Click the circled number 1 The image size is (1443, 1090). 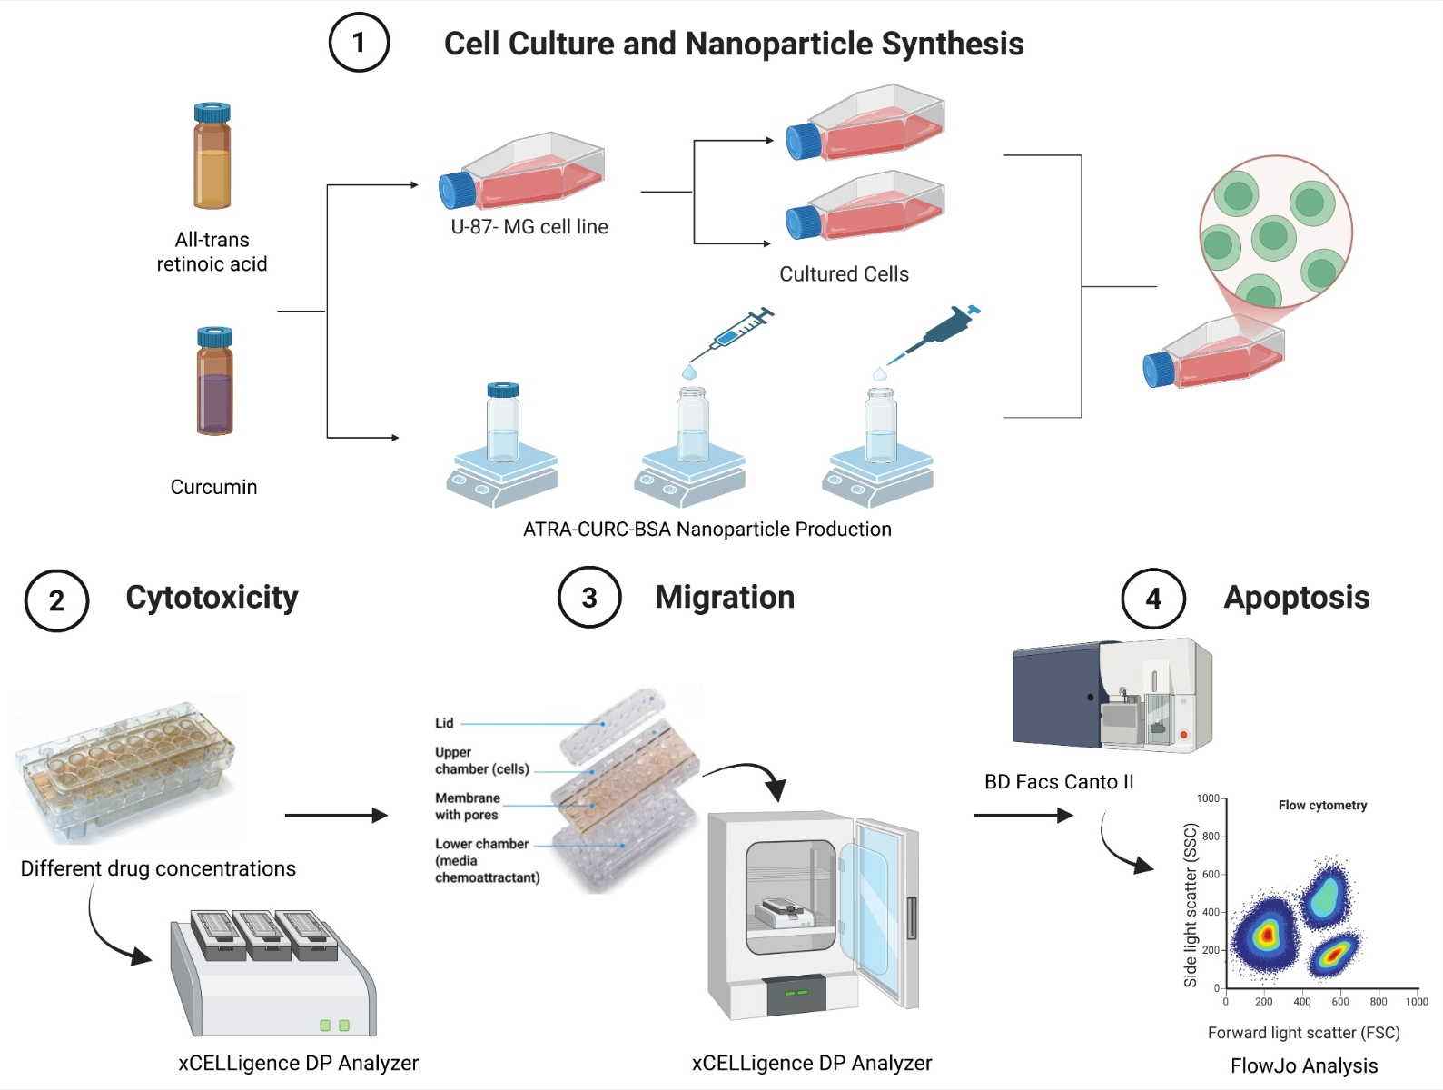pyautogui.click(x=359, y=43)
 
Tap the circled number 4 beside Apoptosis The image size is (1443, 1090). pyautogui.click(x=1153, y=599)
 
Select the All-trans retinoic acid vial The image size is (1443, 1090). pyautogui.click(x=212, y=155)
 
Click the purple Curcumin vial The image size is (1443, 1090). pyautogui.click(x=214, y=381)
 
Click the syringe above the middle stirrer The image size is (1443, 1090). pyautogui.click(x=731, y=336)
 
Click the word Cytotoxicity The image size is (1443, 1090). pyautogui.click(x=212, y=598)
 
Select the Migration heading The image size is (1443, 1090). pyautogui.click(x=725, y=598)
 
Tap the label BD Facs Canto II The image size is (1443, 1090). pyautogui.click(x=1059, y=782)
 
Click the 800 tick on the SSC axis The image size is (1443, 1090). pyautogui.click(x=1211, y=837)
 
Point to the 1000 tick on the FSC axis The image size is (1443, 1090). pyautogui.click(x=1417, y=1002)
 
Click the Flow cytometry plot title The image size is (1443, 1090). pyautogui.click(x=1323, y=806)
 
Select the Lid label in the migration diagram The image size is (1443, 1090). pyautogui.click(x=444, y=723)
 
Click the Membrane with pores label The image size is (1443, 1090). pyautogui.click(x=468, y=806)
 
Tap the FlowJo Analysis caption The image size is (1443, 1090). pyautogui.click(x=1304, y=1065)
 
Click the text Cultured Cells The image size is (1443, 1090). pyautogui.click(x=845, y=274)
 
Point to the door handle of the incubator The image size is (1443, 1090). pyautogui.click(x=911, y=917)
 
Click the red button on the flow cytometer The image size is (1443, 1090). pyautogui.click(x=1183, y=735)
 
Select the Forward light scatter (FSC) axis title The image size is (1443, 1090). pyautogui.click(x=1304, y=1033)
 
